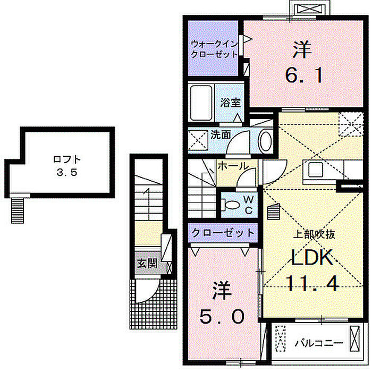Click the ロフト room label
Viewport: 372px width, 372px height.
click(67, 159)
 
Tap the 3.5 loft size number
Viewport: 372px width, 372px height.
click(67, 173)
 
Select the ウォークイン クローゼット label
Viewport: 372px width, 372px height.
click(214, 49)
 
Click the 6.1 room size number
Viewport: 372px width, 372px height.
click(304, 75)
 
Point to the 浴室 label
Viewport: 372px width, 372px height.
click(230, 103)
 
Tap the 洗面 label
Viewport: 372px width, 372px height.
click(221, 135)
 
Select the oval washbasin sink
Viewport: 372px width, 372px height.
click(266, 141)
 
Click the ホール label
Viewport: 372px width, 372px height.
click(233, 166)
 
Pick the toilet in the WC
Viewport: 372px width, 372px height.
click(230, 205)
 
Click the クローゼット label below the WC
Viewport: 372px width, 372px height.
click(223, 233)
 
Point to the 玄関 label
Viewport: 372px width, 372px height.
click(147, 263)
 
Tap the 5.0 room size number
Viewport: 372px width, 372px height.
click(222, 317)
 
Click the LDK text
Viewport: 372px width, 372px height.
click(312, 257)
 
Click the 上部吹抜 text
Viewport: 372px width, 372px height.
click(314, 234)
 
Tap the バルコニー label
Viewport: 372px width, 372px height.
click(319, 343)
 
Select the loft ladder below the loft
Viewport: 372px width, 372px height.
click(18, 210)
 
